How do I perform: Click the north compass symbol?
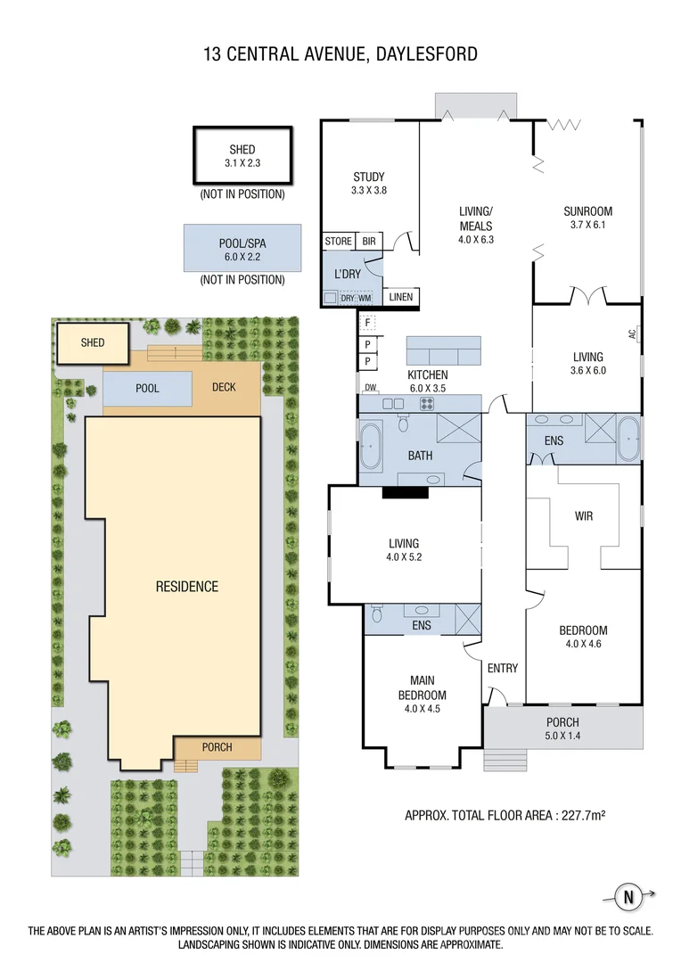628,897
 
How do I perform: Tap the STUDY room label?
368,177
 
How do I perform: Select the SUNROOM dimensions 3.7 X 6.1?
587,225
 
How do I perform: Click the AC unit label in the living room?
633,334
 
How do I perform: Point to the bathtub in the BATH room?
370,443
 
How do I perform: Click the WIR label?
583,516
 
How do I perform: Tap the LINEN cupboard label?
401,297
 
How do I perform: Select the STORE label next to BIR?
339,242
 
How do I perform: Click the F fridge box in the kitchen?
368,323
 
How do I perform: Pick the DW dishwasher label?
370,388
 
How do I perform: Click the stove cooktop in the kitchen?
427,404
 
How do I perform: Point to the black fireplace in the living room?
405,491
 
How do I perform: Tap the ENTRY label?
503,668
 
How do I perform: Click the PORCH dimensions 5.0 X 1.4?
562,736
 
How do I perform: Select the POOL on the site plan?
147,389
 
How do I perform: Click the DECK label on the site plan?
224,387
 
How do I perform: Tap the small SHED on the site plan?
93,343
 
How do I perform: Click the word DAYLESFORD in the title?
427,54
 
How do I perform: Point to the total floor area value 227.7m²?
583,816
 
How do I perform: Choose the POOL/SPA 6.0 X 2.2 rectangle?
242,248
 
